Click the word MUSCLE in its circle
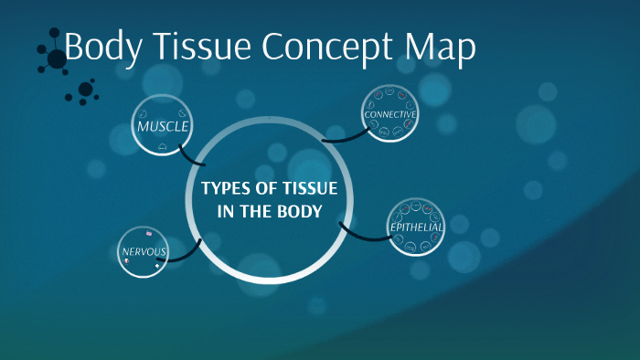[x=162, y=125]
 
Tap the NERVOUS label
[x=143, y=251]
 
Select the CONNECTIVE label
[x=390, y=114]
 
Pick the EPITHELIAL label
[x=416, y=227]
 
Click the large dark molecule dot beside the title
[x=57, y=58]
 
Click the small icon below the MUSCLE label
[x=162, y=146]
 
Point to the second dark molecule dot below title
[x=86, y=89]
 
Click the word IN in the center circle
[x=225, y=211]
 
